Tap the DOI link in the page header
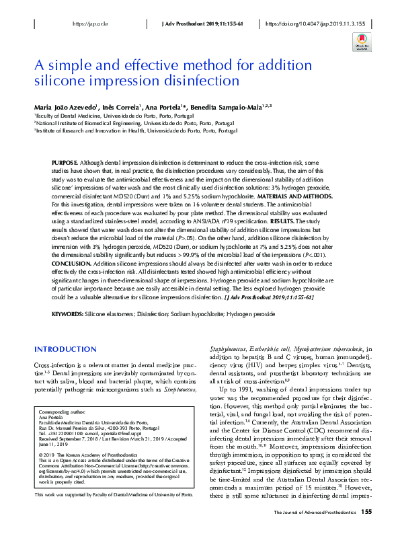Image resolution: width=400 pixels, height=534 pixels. coord(316,23)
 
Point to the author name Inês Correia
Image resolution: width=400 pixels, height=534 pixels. coord(120,108)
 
